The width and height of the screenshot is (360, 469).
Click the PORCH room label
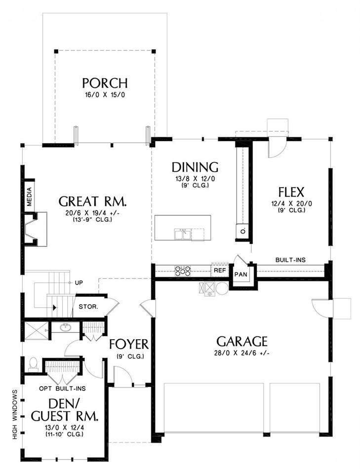(x=105, y=83)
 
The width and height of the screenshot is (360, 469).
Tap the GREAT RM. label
(x=92, y=201)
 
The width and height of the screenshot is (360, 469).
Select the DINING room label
(x=195, y=167)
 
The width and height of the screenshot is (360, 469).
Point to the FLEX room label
(x=291, y=192)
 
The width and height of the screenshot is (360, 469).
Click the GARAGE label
(x=242, y=341)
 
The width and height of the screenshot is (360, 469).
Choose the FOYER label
(x=129, y=344)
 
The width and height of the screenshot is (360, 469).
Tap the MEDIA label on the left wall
(x=29, y=197)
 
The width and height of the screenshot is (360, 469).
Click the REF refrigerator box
(x=220, y=270)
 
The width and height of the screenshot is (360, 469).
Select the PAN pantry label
(x=241, y=274)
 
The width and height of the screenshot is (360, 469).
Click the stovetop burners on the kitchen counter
(x=183, y=271)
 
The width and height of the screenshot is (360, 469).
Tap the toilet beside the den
(x=33, y=363)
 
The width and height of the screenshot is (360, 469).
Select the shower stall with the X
(x=36, y=331)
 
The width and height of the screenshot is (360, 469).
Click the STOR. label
(x=88, y=307)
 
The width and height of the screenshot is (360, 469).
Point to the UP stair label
(x=79, y=283)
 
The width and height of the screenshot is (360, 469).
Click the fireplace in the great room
(x=36, y=229)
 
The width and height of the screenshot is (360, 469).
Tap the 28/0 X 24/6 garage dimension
(x=242, y=353)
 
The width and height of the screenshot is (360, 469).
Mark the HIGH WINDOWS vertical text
(x=15, y=414)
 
